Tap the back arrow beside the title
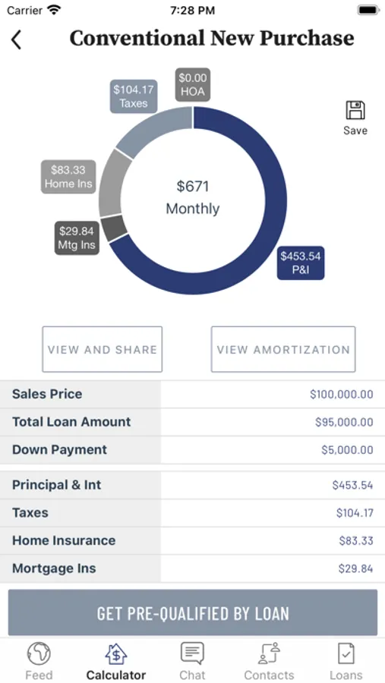[x=16, y=40]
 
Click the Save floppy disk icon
[x=355, y=110]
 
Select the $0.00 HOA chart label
[x=193, y=84]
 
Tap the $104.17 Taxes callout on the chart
[x=134, y=96]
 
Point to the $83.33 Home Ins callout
[x=68, y=176]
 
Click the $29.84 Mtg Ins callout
[x=77, y=238]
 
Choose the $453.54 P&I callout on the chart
[x=301, y=263]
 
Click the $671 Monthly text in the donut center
[x=193, y=197]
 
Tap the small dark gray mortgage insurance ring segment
[x=113, y=228]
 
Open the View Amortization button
[x=283, y=349]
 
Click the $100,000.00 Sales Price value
[x=342, y=394]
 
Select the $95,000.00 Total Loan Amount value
[x=344, y=422]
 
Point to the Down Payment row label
[x=59, y=449]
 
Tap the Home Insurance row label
[x=64, y=540]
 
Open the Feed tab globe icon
[x=39, y=653]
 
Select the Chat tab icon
[x=192, y=653]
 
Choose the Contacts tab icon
[x=269, y=653]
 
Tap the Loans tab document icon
[x=346, y=653]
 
